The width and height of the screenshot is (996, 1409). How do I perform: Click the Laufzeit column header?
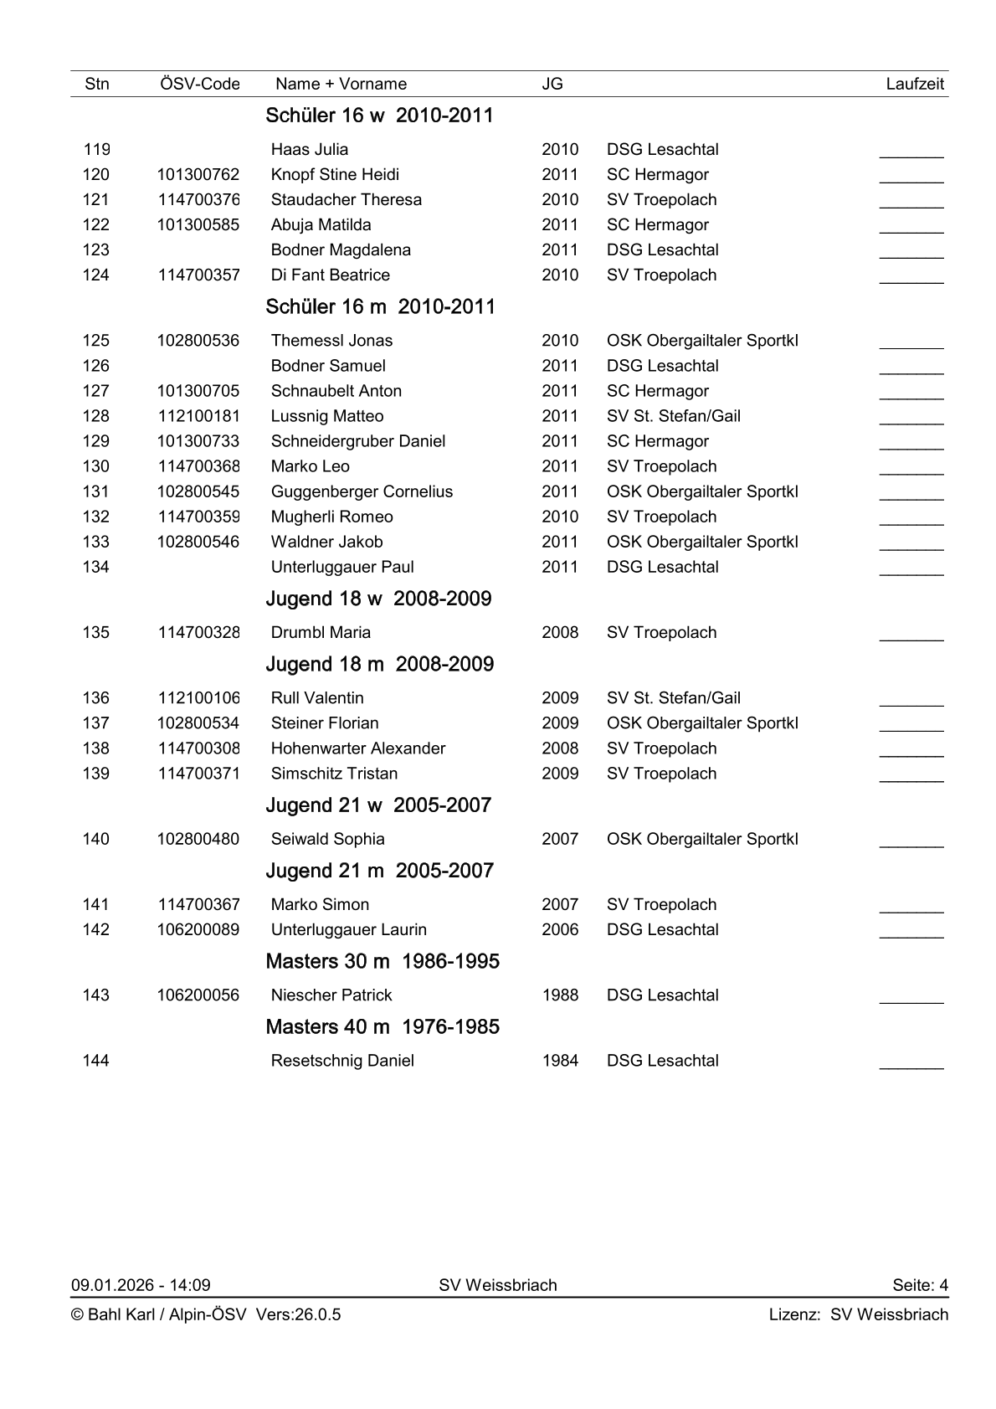coord(914,84)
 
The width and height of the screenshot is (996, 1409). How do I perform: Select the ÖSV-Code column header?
coord(199,84)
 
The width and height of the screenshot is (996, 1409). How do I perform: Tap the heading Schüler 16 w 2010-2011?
coord(379,116)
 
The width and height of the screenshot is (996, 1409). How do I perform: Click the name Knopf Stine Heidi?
coord(335,175)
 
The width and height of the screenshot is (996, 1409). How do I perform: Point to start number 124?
coord(96,275)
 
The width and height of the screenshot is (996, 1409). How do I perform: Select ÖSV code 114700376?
coord(198,200)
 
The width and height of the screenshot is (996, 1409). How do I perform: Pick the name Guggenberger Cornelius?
coord(362,491)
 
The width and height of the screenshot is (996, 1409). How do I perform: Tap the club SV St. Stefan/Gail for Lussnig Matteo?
coord(673,416)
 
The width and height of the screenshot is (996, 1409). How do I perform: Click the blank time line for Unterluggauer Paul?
coord(911,570)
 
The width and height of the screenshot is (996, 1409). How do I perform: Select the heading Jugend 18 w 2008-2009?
coord(378,599)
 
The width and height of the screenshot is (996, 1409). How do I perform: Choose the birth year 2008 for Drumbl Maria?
coord(560,633)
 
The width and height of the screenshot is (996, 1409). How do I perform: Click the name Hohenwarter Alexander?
coord(358,748)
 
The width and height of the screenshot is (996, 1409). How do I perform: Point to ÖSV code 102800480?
coord(198,839)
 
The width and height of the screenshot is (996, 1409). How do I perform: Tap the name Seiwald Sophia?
coord(327,839)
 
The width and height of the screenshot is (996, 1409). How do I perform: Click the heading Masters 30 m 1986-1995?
coord(382,961)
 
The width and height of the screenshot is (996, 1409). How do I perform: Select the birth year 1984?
coord(560,1061)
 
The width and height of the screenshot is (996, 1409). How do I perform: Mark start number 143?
coord(96,995)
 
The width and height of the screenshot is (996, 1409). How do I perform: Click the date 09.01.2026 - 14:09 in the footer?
coord(141,1285)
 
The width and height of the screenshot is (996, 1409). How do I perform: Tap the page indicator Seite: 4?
coord(920,1285)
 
